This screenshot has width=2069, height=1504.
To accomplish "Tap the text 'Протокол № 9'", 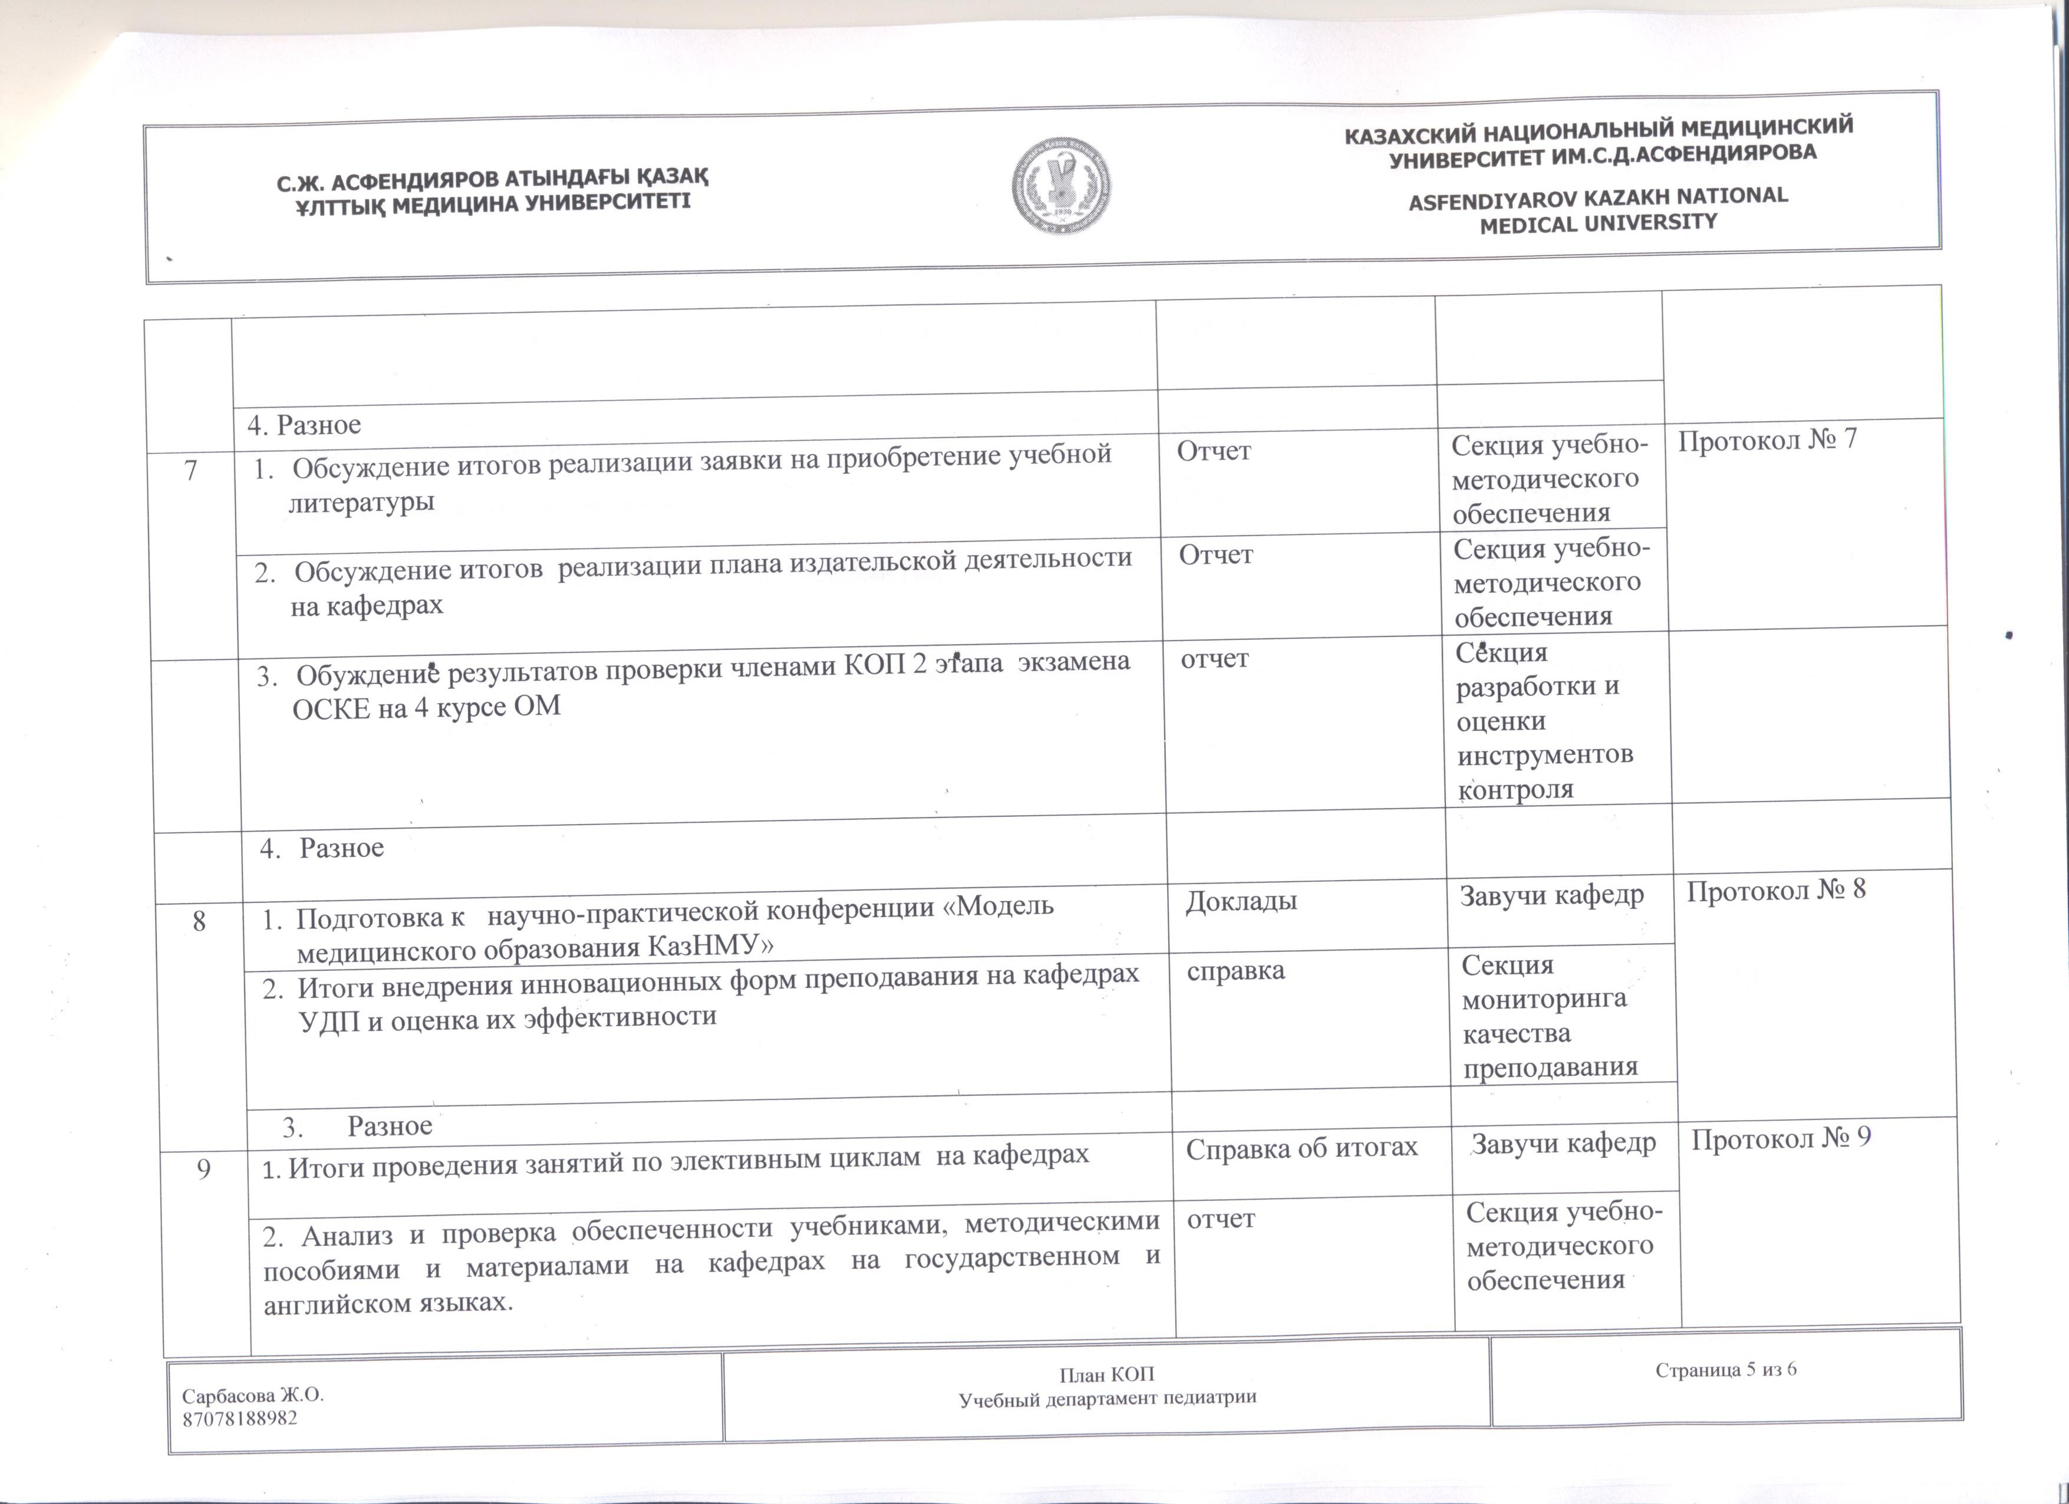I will tap(1781, 1137).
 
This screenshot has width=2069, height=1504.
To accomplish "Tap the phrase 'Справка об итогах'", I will tap(1301, 1147).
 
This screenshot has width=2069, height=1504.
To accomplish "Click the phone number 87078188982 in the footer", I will tap(240, 1418).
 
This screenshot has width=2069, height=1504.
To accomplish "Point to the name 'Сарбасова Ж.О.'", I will tap(253, 1396).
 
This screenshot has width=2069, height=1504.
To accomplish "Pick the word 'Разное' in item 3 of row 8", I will tap(390, 1126).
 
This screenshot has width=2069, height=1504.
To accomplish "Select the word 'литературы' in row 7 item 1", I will tap(361, 502).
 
